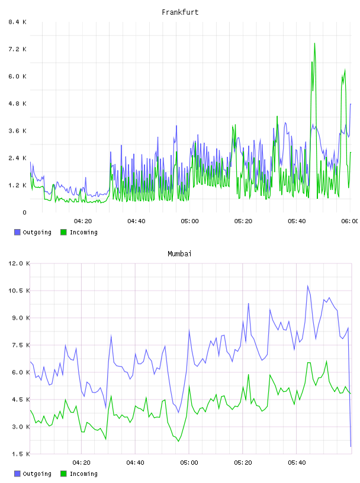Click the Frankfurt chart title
[180, 12]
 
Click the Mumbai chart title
[179, 254]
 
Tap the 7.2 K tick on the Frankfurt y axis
[17, 49]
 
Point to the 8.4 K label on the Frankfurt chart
[17, 22]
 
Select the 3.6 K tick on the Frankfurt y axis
[17, 131]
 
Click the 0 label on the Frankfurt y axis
[25, 212]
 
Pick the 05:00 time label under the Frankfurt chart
[189, 221]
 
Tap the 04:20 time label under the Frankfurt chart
[83, 221]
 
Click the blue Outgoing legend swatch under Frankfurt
[17, 232]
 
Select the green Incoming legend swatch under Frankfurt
[63, 232]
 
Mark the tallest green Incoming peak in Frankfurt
[314, 43]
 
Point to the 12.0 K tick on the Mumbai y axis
[19, 263]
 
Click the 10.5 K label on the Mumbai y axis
[19, 291]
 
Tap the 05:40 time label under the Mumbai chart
[297, 463]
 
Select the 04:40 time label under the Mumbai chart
[136, 463]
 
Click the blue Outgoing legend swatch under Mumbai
[17, 474]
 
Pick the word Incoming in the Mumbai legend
[83, 474]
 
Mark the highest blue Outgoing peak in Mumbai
[307, 286]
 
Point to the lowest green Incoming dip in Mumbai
[178, 441]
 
